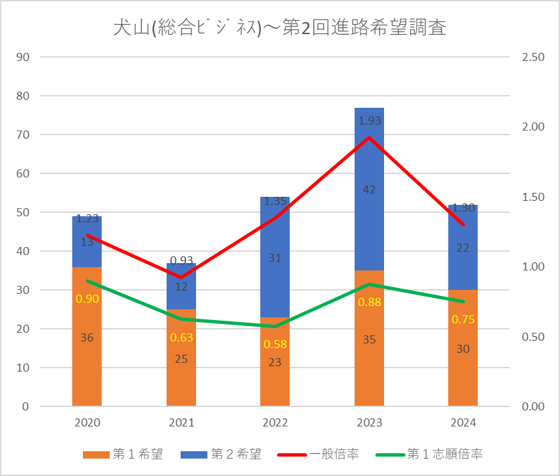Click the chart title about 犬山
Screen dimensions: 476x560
tap(280, 29)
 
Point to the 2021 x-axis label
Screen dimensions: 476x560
tap(181, 423)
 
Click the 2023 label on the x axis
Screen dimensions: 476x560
tap(369, 423)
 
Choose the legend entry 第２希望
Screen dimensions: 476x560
tap(220, 455)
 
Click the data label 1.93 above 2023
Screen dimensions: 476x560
tap(369, 121)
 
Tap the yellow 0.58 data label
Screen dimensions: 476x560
tap(275, 344)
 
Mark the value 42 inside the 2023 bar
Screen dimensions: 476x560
tap(369, 189)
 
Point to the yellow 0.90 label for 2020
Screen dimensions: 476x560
tap(87, 299)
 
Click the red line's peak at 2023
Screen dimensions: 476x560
tap(369, 137)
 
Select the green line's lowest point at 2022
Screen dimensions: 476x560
tap(275, 326)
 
